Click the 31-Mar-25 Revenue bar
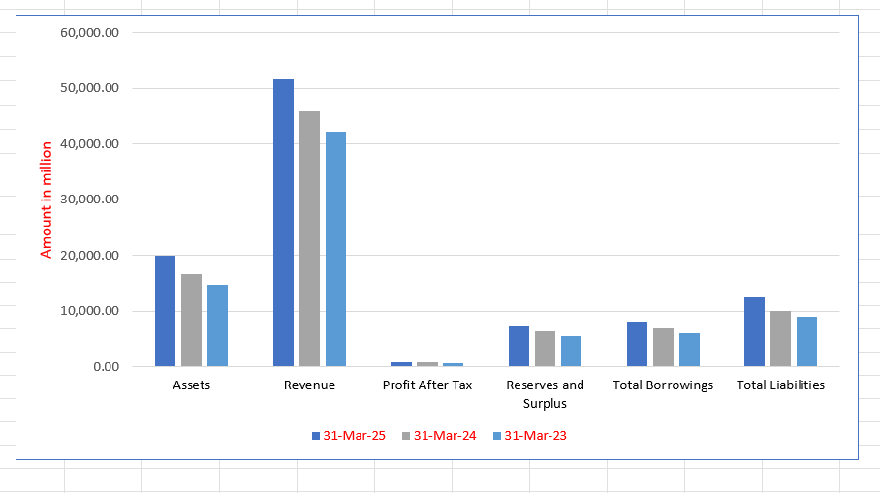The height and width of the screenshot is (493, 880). (283, 223)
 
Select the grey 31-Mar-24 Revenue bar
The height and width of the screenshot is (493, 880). (309, 239)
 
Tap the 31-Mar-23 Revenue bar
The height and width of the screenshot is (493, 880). (335, 249)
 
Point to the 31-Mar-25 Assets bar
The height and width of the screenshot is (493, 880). (165, 311)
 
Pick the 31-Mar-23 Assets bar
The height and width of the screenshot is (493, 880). (217, 325)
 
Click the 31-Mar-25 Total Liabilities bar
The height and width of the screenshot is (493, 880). (754, 332)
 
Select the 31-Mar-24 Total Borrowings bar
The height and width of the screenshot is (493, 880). (663, 348)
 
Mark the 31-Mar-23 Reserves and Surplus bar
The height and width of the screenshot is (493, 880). (571, 352)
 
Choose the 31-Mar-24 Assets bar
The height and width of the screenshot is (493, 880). (191, 321)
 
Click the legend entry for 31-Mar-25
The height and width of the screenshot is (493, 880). (349, 436)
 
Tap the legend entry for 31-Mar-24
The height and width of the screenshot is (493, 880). (440, 436)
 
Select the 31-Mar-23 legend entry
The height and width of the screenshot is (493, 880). (531, 436)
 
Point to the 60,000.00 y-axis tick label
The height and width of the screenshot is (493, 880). (89, 32)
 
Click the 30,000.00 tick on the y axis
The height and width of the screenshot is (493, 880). (89, 200)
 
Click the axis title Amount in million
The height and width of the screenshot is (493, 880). (47, 200)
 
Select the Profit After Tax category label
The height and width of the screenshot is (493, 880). (427, 385)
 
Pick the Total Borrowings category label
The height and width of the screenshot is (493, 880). (663, 385)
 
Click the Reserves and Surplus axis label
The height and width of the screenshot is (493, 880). (545, 394)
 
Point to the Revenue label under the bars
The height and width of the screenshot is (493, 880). (309, 385)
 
